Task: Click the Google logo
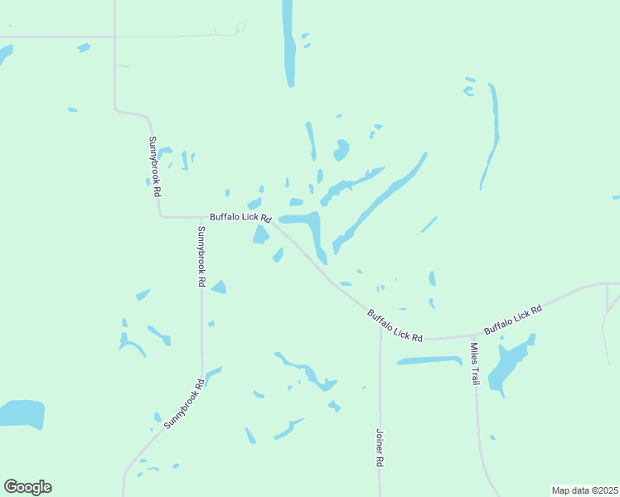[27, 487]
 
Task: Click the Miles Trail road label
[474, 364]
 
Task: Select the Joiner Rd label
[379, 448]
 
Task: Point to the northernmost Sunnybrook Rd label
[155, 166]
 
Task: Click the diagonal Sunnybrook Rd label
[184, 403]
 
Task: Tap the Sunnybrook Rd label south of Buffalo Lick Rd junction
[201, 256]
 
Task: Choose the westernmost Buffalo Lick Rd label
[240, 217]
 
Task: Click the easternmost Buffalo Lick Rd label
[512, 320]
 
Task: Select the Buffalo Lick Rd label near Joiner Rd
[395, 326]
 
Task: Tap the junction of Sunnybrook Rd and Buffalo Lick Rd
[201, 217]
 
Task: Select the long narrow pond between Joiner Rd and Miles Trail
[429, 360]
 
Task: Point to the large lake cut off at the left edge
[21, 413]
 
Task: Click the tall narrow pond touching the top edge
[288, 41]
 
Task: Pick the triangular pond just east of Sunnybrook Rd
[219, 287]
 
